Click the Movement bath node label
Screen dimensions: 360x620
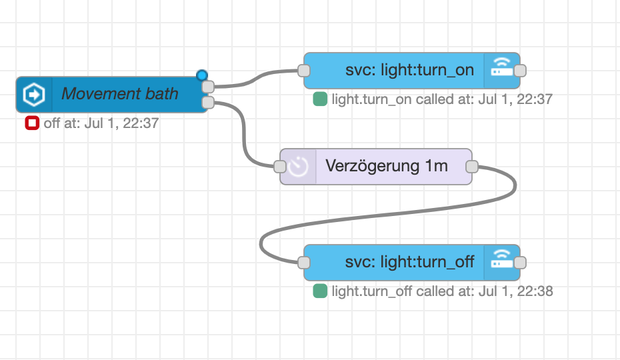pyautogui.click(x=120, y=94)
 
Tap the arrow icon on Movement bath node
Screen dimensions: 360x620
pyautogui.click(x=34, y=94)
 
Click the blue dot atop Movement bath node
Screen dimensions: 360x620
pyautogui.click(x=202, y=75)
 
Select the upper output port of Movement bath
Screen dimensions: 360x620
pyautogui.click(x=207, y=87)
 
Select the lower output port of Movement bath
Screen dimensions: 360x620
pyautogui.click(x=207, y=102)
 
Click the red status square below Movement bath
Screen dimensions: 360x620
pyautogui.click(x=31, y=123)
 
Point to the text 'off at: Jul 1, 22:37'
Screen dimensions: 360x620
pyautogui.click(x=101, y=123)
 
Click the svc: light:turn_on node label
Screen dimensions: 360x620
pyautogui.click(x=409, y=71)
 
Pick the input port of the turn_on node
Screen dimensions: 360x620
pyautogui.click(x=304, y=71)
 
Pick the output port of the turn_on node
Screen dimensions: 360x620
pyautogui.click(x=521, y=71)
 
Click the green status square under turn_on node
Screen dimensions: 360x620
pyautogui.click(x=320, y=100)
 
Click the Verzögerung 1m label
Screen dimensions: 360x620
pyautogui.click(x=386, y=166)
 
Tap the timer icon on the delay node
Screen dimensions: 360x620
pyautogui.click(x=298, y=166)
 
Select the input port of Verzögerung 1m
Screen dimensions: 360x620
pyautogui.click(x=280, y=166)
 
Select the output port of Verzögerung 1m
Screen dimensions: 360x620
pyautogui.click(x=471, y=166)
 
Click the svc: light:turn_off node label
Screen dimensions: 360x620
pyautogui.click(x=409, y=262)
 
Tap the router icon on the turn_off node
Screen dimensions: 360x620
pyautogui.click(x=502, y=262)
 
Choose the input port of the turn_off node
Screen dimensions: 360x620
pyautogui.click(x=304, y=262)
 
